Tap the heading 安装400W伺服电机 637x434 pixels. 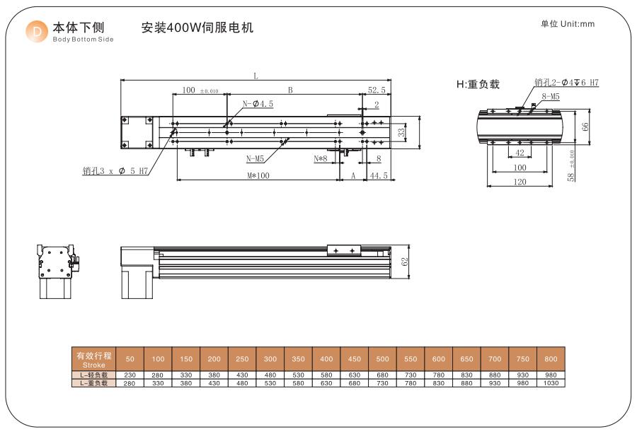point(197,28)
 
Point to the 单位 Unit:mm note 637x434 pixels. point(568,24)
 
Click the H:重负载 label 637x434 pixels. point(478,85)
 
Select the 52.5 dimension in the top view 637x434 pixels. point(377,90)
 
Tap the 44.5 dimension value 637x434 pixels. point(379,176)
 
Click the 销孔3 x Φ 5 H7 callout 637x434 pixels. point(115,170)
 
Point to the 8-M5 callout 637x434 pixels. point(551,96)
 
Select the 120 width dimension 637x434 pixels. point(520,182)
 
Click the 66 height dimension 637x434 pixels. point(585,127)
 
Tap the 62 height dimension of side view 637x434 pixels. point(405,262)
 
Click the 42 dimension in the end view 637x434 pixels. point(520,153)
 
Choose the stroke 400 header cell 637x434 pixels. point(326,359)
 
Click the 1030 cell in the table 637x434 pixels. point(551,382)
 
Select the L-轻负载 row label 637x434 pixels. point(93,375)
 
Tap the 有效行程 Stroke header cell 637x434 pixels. point(93,359)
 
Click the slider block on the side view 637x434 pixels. point(344,250)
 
